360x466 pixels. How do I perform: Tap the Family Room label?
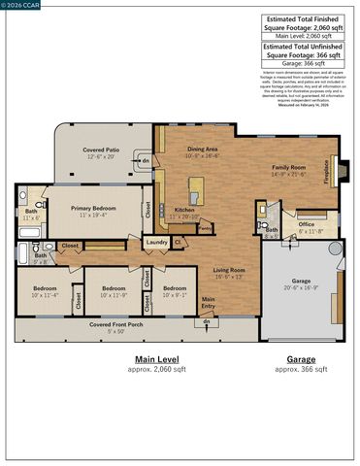tap(288, 167)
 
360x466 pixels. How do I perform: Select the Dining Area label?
tap(203, 150)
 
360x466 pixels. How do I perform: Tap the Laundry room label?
tap(154, 242)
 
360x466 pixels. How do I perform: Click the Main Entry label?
tap(208, 301)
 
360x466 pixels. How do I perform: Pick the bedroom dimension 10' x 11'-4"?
tap(46, 295)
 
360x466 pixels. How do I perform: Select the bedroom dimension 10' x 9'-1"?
tap(174, 295)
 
